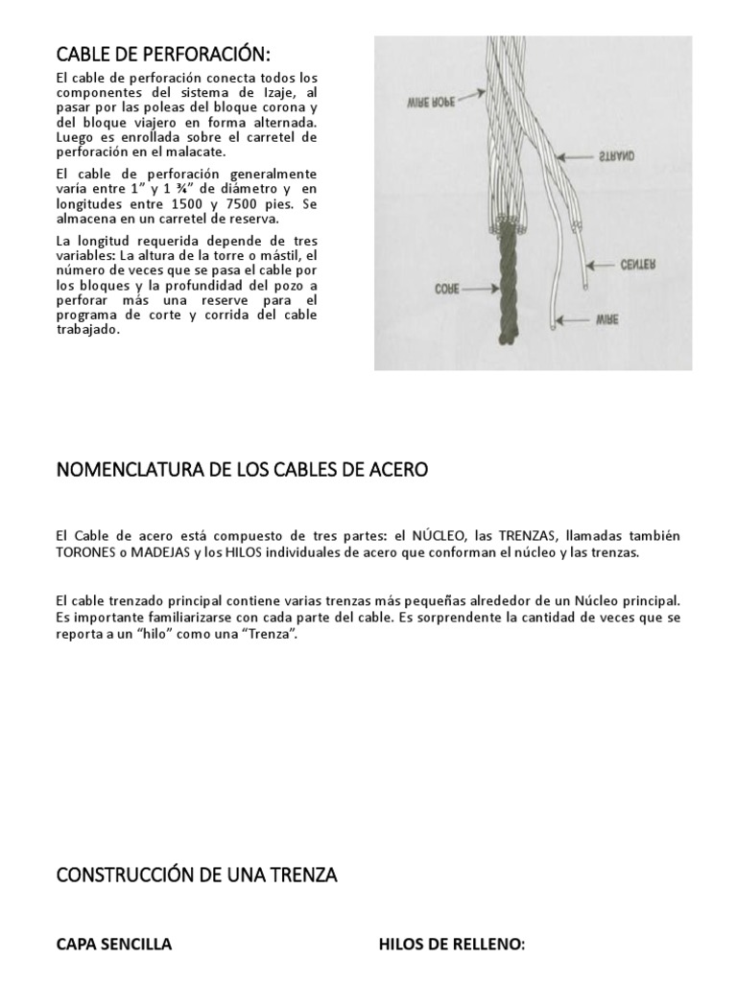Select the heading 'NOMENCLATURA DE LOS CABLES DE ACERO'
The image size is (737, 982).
point(243,470)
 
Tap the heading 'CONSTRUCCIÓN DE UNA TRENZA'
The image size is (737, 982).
point(197,875)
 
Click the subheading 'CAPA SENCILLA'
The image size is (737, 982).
point(114,945)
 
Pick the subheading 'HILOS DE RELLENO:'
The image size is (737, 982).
point(452,945)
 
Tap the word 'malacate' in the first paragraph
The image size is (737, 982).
point(199,152)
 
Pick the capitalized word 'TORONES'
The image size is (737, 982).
point(91,553)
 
